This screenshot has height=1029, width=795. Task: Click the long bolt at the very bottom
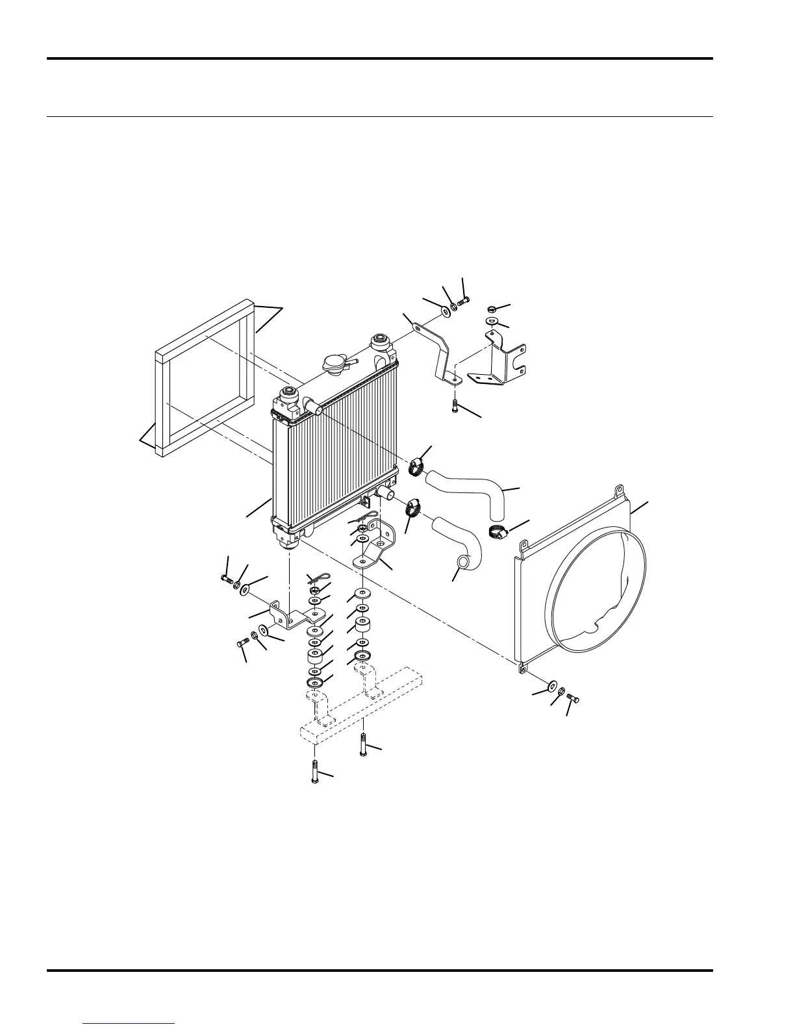314,771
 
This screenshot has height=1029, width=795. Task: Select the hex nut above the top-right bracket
492,308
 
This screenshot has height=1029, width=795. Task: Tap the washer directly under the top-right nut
492,322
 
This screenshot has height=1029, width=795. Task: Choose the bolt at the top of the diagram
464,301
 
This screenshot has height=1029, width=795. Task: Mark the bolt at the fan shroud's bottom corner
573,698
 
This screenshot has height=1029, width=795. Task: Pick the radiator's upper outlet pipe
314,407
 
